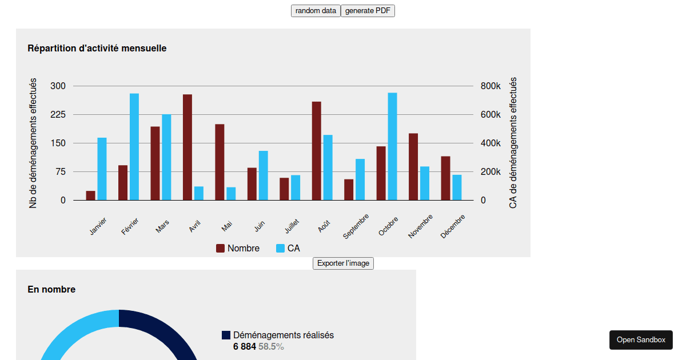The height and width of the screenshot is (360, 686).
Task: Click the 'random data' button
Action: click(316, 11)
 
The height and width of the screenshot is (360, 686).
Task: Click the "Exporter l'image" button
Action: click(343, 263)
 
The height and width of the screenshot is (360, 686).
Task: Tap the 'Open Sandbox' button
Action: click(641, 340)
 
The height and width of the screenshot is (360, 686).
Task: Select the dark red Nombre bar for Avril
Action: click(188, 147)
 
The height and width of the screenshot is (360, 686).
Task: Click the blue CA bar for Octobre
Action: click(392, 146)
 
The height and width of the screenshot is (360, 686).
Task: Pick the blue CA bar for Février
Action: click(134, 147)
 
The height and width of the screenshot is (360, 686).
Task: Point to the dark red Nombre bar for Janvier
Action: click(90, 195)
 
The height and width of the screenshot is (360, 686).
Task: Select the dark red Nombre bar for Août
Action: click(316, 151)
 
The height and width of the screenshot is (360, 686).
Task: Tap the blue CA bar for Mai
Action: click(231, 194)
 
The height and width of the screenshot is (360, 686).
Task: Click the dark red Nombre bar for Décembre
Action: click(445, 178)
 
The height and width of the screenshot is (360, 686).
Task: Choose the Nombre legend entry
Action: click(237, 249)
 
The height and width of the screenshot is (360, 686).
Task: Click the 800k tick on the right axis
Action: click(490, 86)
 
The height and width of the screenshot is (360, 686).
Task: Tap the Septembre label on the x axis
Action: click(357, 226)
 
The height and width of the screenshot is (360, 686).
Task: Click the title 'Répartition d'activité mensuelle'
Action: click(97, 49)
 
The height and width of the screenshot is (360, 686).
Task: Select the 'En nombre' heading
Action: click(51, 290)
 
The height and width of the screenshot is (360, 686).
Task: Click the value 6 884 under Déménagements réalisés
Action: click(245, 347)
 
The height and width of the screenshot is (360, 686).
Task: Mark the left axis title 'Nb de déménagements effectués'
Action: click(33, 143)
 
